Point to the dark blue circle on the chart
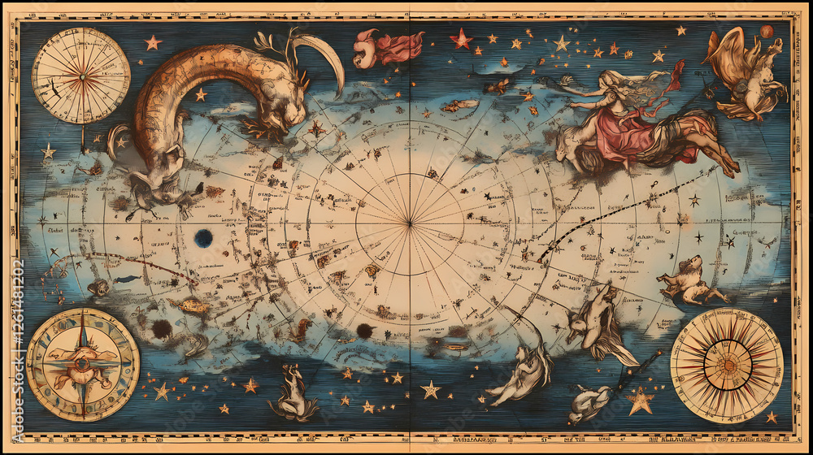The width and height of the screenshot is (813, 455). click(x=203, y=238)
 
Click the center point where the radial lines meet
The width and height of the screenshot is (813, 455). click(x=410, y=223)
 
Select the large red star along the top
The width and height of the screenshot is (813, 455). click(x=462, y=38)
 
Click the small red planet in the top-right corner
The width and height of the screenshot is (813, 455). click(x=766, y=32)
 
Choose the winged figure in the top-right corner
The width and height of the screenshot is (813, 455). click(x=744, y=73)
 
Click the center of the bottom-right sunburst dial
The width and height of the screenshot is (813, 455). click(x=726, y=366)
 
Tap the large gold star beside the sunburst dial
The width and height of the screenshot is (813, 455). click(x=640, y=400)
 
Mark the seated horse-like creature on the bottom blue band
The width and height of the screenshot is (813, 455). click(x=294, y=394)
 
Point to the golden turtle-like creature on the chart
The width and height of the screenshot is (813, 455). click(x=189, y=305)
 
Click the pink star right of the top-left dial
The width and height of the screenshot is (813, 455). click(x=153, y=42)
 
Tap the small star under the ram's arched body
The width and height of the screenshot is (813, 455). click(x=200, y=95)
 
